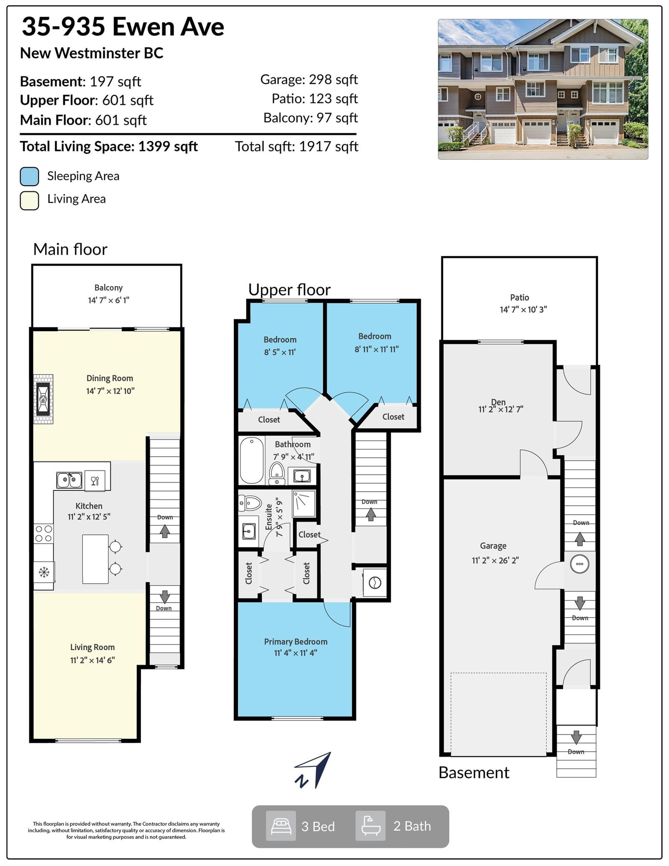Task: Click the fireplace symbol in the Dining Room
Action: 43,399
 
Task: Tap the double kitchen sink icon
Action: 69,480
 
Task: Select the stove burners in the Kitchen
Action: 43,533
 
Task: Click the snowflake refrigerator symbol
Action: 44,572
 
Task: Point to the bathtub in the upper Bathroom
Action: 251,460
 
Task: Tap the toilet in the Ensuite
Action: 250,503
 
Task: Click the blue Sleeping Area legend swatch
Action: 29,176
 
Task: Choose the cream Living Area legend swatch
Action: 29,200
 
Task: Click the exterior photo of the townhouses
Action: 543,89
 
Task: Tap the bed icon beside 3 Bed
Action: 281,826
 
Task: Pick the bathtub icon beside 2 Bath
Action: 370,826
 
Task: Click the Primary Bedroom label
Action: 296,641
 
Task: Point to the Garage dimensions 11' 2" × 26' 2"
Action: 495,560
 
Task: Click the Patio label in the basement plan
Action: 519,297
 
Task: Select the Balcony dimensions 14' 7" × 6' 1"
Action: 109,300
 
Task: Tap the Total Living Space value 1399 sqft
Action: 168,146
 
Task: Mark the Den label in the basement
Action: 498,402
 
